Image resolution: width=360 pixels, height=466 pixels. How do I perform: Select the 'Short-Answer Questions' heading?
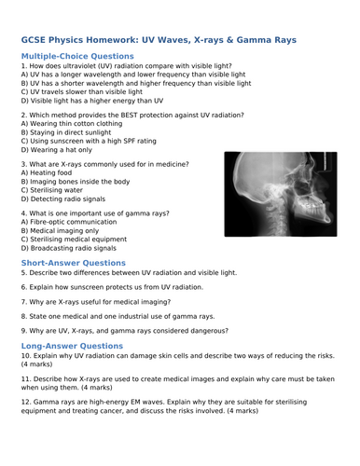tap(73, 263)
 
